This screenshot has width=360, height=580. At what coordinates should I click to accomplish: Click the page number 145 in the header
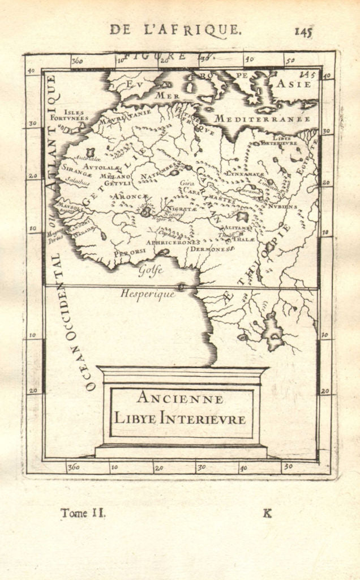coord(303,31)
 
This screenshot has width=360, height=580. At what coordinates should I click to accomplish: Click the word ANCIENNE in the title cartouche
coord(180,398)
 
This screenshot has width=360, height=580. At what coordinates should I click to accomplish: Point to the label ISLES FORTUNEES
coord(74,116)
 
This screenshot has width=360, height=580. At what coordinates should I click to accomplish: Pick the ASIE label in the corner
coord(293,84)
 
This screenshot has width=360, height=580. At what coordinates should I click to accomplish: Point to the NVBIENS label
coord(282,207)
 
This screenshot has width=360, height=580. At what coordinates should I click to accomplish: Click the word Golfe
coord(151,271)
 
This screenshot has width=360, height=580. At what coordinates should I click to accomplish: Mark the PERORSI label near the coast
coord(126,253)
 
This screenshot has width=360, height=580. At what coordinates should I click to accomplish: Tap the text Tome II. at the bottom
coord(83,513)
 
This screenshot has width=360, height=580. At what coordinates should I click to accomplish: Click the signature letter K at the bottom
coord(267,513)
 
